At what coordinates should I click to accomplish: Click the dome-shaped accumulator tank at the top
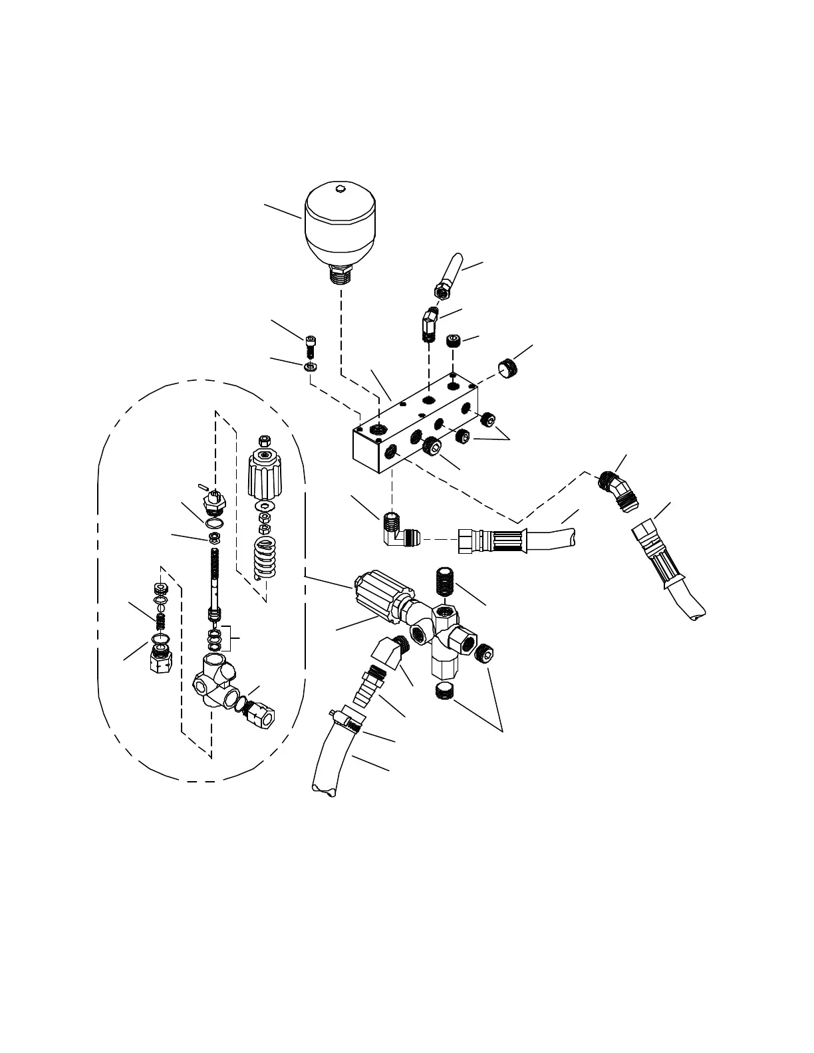point(340,226)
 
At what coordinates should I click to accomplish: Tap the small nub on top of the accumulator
point(339,189)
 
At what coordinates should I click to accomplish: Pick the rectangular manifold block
point(412,425)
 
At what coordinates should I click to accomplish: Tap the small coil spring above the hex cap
point(160,622)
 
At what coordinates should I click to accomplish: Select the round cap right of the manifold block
point(509,368)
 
